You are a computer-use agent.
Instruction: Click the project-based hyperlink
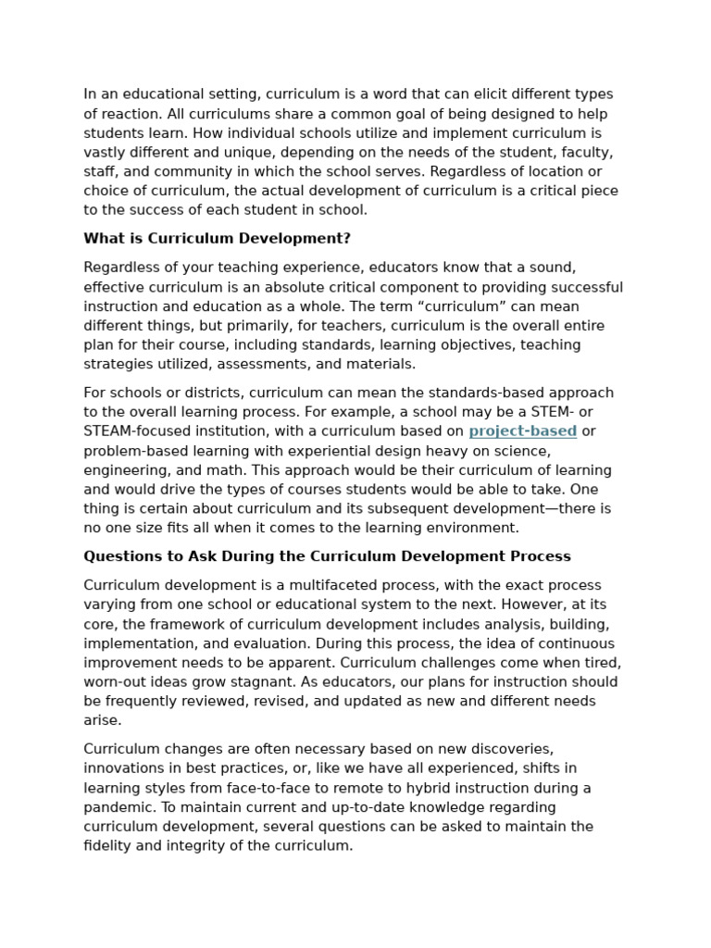click(x=522, y=431)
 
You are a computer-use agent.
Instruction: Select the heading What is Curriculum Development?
click(x=217, y=239)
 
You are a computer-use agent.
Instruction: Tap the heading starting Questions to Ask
click(x=327, y=556)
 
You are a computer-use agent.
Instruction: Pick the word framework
click(x=163, y=624)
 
